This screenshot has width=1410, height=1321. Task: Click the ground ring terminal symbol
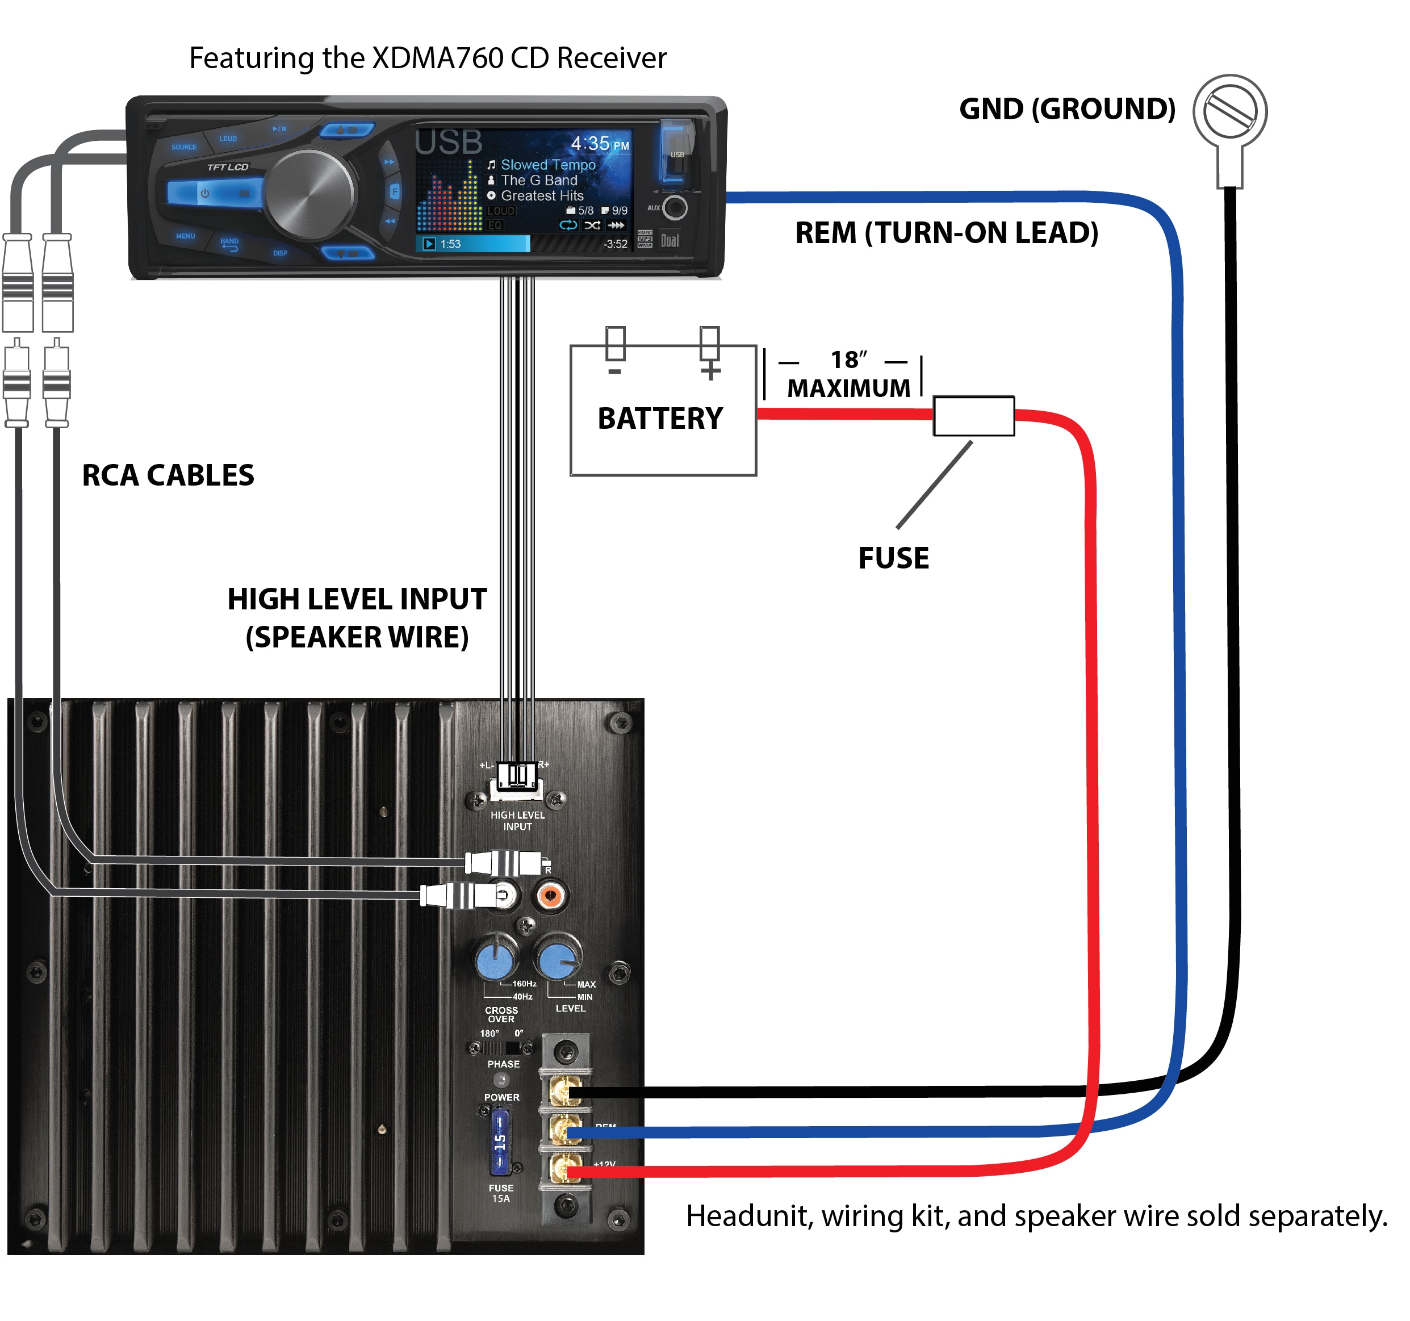tap(1229, 112)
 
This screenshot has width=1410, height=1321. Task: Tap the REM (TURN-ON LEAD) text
tap(946, 233)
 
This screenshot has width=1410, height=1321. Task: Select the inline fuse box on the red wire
tap(973, 416)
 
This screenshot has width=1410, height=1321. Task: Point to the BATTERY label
tap(660, 418)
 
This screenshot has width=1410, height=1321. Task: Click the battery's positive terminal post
tap(709, 344)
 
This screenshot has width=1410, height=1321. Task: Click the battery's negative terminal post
tap(615, 344)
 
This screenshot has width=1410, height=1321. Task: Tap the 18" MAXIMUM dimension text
tap(848, 374)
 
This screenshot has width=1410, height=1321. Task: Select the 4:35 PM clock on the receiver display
tap(599, 144)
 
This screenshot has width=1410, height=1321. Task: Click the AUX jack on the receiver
tap(675, 208)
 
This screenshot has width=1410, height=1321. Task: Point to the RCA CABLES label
tap(168, 475)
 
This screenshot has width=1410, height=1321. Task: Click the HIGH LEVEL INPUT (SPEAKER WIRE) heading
tap(357, 617)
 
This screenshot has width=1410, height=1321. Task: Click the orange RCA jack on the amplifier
tap(550, 895)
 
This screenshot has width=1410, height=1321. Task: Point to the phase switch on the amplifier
tap(503, 1048)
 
